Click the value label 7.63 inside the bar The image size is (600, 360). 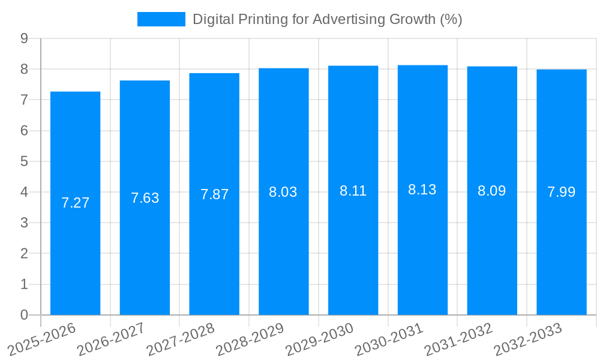[145, 198]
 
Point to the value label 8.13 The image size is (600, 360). [422, 190]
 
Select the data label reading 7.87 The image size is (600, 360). [214, 194]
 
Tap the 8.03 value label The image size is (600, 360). [283, 192]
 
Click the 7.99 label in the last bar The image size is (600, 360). [561, 192]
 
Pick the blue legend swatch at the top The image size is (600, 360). [161, 19]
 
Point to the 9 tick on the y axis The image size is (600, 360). [24, 38]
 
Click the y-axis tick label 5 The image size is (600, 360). [24, 161]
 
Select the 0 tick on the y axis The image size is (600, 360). [24, 315]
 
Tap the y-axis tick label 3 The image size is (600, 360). [24, 223]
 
